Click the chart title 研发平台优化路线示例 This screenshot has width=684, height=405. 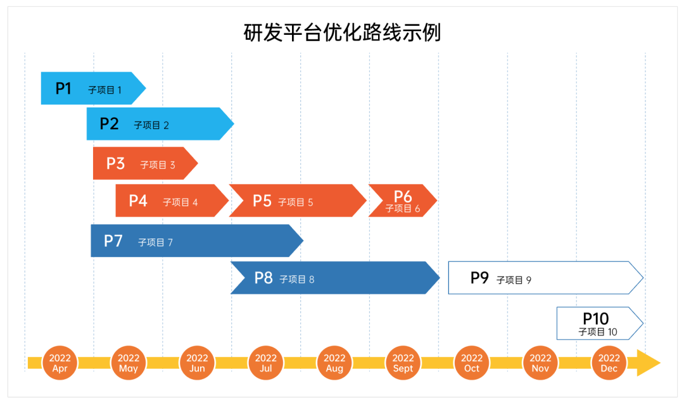(x=342, y=32)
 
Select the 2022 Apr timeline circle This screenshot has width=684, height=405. (x=60, y=363)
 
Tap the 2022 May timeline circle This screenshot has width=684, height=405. (x=129, y=363)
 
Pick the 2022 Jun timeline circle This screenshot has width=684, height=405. (x=197, y=363)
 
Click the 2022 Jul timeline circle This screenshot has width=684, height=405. (x=266, y=363)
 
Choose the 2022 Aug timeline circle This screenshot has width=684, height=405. (x=334, y=363)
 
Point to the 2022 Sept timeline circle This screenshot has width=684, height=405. (x=403, y=363)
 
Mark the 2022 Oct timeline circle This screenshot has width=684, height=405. (x=472, y=363)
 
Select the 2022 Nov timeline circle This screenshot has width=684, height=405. (x=540, y=363)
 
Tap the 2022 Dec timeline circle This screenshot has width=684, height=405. (x=609, y=363)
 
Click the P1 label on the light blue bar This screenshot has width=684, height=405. (x=63, y=89)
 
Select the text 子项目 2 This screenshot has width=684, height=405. (x=151, y=125)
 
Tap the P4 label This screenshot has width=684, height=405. (x=138, y=201)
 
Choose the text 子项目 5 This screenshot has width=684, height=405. (x=296, y=202)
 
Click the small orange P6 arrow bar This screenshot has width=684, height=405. (x=402, y=201)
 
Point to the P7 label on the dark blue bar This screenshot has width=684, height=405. (x=113, y=240)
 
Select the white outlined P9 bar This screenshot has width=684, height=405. (x=545, y=278)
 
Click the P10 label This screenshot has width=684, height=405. (x=596, y=318)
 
